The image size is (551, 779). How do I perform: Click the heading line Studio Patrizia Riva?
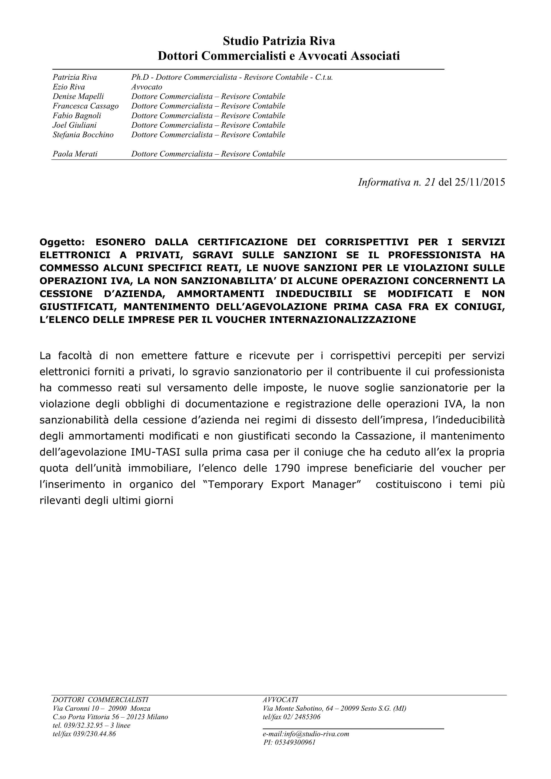(279, 41)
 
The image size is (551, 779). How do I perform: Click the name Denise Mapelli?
(78, 96)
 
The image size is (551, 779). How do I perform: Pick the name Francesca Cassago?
(86, 106)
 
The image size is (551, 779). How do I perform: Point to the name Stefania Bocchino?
(83, 135)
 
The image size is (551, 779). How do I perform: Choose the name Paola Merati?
(75, 154)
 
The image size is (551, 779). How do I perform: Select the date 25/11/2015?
(480, 182)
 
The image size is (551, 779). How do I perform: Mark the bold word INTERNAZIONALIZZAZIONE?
(342, 320)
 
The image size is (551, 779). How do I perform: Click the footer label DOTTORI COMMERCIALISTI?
(100, 700)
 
